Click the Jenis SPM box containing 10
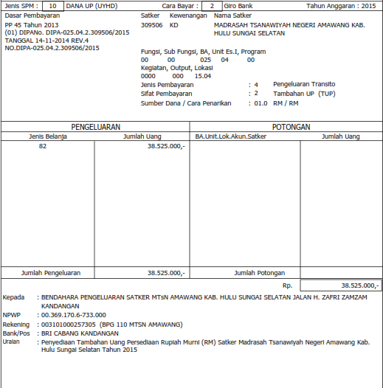click(x=52, y=6)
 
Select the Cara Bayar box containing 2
click(x=212, y=6)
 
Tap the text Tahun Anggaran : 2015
click(x=341, y=6)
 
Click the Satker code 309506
click(x=151, y=24)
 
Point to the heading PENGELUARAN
click(x=95, y=127)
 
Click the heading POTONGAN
click(x=290, y=127)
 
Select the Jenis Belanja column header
click(x=47, y=136)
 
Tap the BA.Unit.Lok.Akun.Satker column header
click(x=230, y=136)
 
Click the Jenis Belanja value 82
click(x=43, y=148)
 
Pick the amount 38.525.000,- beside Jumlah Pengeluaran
click(x=166, y=273)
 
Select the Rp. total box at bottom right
click(x=340, y=285)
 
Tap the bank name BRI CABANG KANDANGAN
click(x=80, y=333)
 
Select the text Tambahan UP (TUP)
click(x=303, y=94)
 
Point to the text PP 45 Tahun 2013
click(x=31, y=24)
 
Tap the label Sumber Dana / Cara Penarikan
click(x=185, y=103)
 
